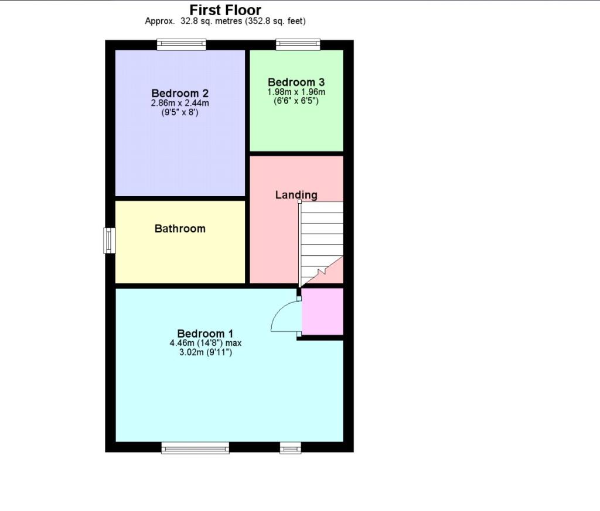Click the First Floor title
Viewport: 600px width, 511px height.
tap(226, 9)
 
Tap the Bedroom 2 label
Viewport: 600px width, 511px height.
tap(180, 93)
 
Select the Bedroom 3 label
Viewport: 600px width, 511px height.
tap(296, 82)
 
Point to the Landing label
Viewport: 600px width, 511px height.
tap(296, 195)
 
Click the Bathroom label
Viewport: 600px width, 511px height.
tap(180, 228)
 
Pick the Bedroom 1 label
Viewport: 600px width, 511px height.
tap(205, 334)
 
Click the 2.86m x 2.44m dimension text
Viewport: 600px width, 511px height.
tap(180, 103)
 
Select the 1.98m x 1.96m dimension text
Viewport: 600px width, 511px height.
tap(296, 92)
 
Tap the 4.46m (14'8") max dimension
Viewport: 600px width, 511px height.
tap(206, 343)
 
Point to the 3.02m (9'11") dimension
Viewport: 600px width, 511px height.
tap(206, 352)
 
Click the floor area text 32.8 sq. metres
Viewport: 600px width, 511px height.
tap(211, 22)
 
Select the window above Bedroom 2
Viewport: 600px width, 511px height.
tap(182, 44)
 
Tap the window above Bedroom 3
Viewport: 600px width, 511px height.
tap(298, 44)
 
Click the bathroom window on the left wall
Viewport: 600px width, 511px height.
tap(110, 241)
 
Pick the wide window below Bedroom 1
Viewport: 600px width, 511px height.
tap(195, 448)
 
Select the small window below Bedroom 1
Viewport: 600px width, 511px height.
tap(291, 448)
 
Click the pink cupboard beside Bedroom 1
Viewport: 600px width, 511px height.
tap(322, 311)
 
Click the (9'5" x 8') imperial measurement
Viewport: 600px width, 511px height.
tap(180, 113)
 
